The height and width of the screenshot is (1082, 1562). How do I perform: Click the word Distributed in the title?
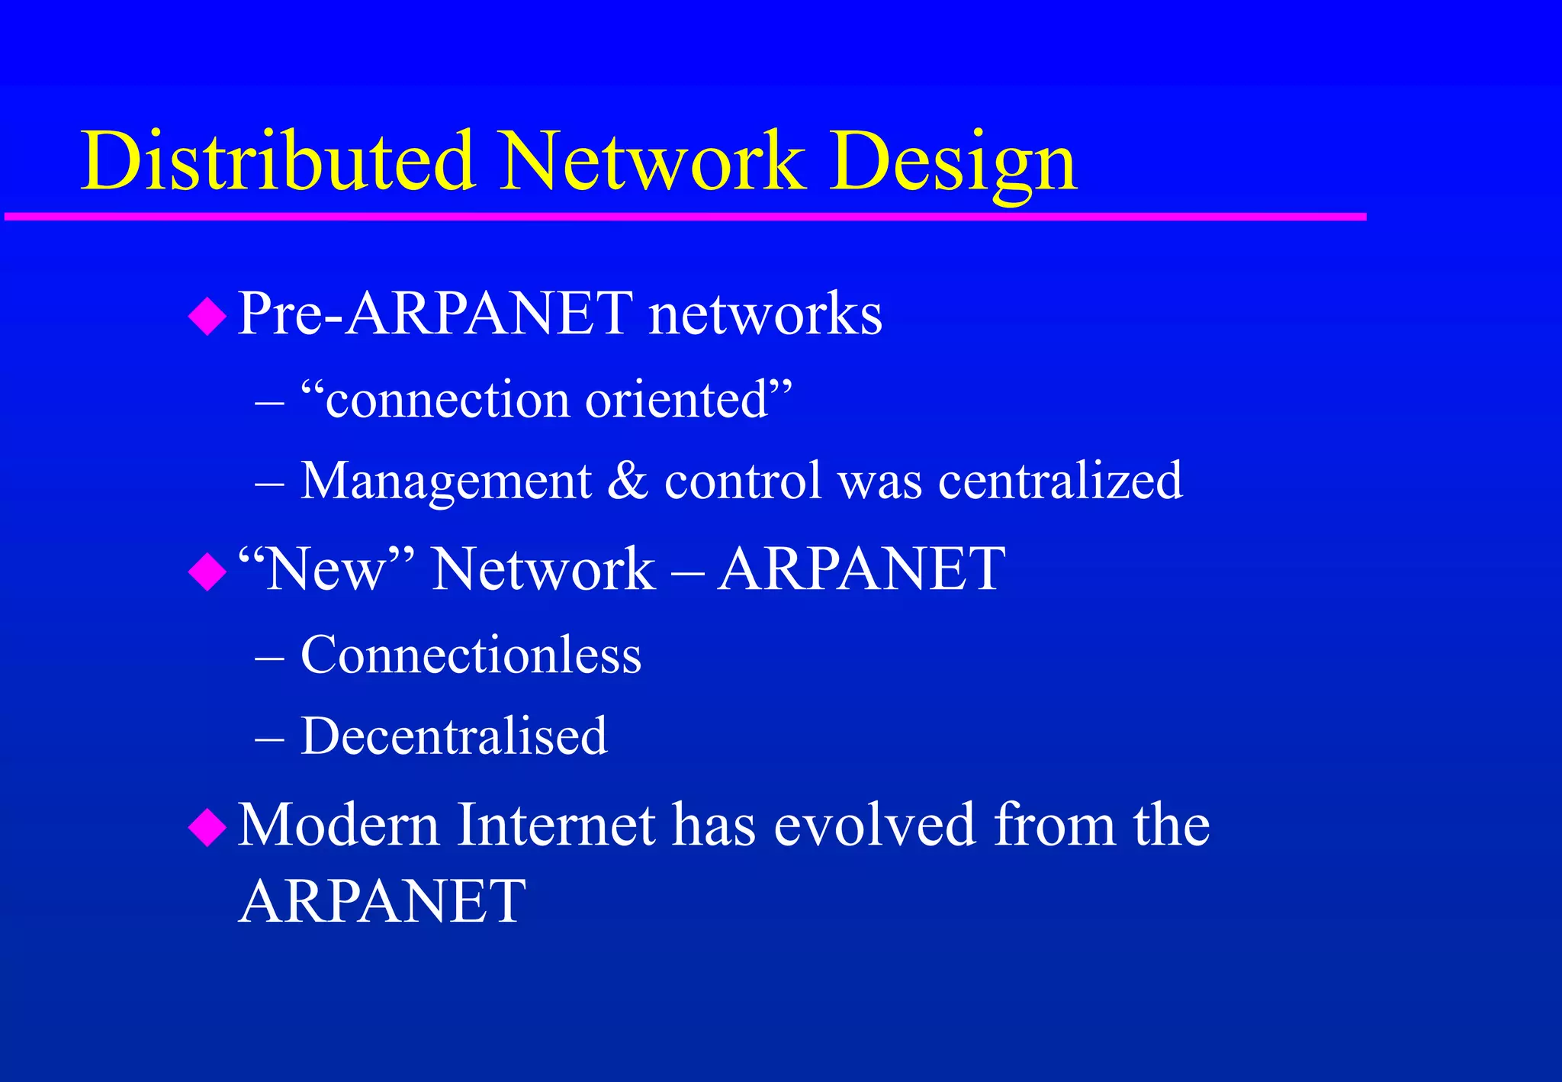pyautogui.click(x=278, y=161)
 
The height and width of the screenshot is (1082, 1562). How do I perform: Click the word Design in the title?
pyautogui.click(x=953, y=163)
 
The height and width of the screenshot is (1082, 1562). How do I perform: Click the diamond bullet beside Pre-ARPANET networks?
pyautogui.click(x=207, y=316)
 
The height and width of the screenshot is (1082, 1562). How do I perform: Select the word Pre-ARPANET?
pyautogui.click(x=435, y=314)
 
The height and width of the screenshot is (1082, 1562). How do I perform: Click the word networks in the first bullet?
pyautogui.click(x=765, y=314)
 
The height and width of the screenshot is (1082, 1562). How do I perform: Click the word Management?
pyautogui.click(x=446, y=481)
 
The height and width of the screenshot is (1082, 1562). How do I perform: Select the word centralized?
pyautogui.click(x=1060, y=481)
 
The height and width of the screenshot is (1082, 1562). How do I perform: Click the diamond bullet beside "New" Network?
pyautogui.click(x=207, y=572)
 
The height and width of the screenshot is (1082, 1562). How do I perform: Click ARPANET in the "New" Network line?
pyautogui.click(x=861, y=569)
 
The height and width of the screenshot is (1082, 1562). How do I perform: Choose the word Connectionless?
pyautogui.click(x=471, y=655)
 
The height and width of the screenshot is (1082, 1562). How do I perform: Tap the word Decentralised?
pyautogui.click(x=454, y=736)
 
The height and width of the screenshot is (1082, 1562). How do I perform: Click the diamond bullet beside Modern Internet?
pyautogui.click(x=207, y=827)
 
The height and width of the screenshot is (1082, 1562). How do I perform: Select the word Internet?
pyautogui.click(x=555, y=825)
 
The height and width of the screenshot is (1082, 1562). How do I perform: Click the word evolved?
pyautogui.click(x=874, y=825)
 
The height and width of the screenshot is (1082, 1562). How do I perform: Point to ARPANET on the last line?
pyautogui.click(x=382, y=901)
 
